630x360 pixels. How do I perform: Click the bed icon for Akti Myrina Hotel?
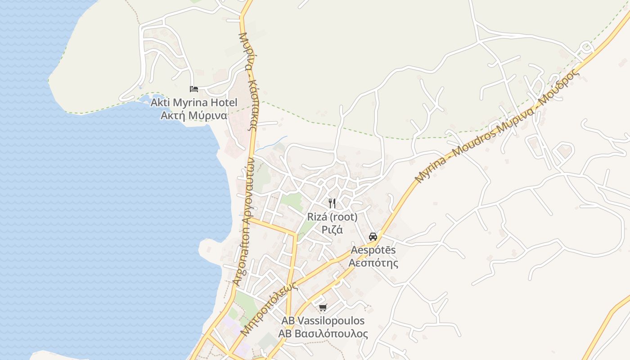click(x=194, y=89)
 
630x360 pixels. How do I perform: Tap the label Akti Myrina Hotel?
click(x=193, y=103)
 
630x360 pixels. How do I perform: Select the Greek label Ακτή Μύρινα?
click(x=193, y=115)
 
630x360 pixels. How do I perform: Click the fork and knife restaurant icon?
click(x=332, y=203)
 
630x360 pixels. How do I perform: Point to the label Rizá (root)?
click(x=332, y=217)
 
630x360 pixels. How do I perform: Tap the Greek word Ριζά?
click(x=332, y=229)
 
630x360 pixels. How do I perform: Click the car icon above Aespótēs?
click(x=373, y=236)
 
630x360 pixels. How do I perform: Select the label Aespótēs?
click(x=373, y=250)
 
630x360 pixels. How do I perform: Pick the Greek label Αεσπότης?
click(x=373, y=262)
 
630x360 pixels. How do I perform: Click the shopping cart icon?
click(x=322, y=308)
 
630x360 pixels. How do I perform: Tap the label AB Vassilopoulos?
click(x=323, y=321)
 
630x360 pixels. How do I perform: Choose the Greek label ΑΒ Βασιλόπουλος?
click(x=323, y=334)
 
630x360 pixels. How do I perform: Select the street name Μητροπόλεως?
click(x=269, y=309)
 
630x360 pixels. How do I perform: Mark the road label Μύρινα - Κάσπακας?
click(x=248, y=81)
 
